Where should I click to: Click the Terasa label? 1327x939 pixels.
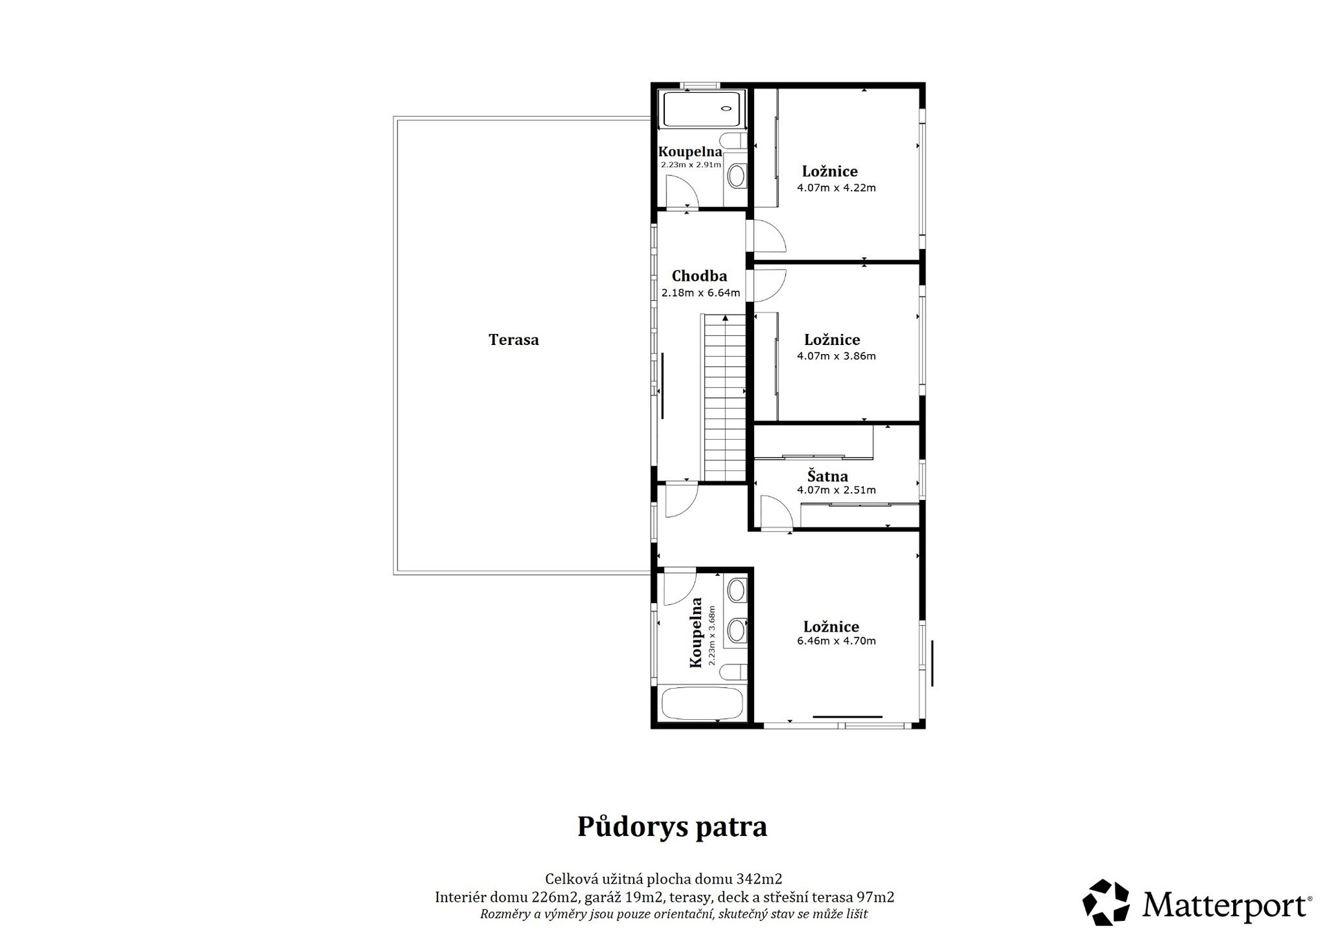(x=514, y=340)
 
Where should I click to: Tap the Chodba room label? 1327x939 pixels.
(x=699, y=276)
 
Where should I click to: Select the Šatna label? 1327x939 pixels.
(x=828, y=476)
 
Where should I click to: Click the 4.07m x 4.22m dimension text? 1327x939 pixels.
(x=836, y=187)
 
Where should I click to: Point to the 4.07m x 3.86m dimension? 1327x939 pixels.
(x=836, y=356)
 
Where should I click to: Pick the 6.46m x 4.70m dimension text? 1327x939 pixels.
(x=836, y=641)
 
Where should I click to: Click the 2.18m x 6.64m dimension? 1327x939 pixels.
(x=701, y=292)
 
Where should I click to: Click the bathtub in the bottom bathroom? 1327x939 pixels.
(x=702, y=704)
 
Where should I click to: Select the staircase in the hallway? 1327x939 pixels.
(x=725, y=398)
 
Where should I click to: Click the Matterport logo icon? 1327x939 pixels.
(x=1106, y=902)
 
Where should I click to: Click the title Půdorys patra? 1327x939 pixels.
(x=672, y=827)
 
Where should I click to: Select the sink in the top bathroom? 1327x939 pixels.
(x=737, y=176)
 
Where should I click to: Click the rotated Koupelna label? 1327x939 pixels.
(x=697, y=633)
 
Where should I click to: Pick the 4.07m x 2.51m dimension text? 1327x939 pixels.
(x=836, y=490)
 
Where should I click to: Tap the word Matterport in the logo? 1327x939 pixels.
(x=1227, y=905)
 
